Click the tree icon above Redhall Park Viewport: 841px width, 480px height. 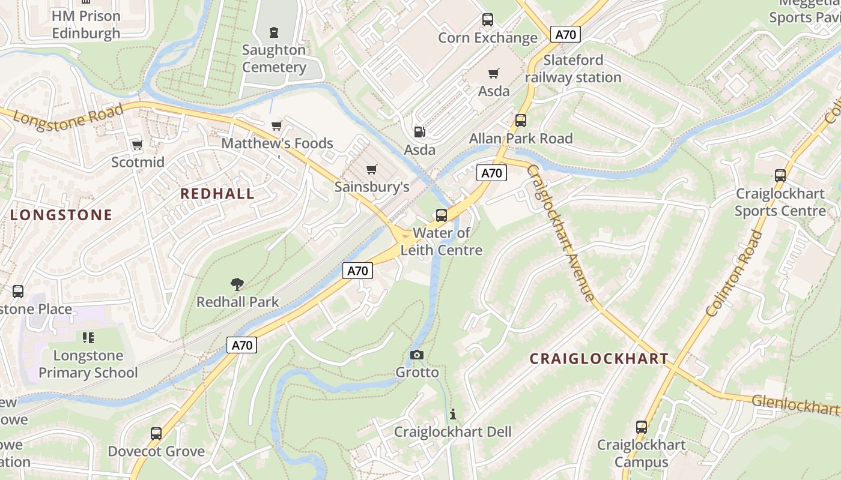[x=237, y=284]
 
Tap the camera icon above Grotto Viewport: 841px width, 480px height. [x=417, y=355]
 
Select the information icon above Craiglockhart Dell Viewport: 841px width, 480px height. [x=452, y=414]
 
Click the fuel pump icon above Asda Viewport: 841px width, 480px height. [x=419, y=131]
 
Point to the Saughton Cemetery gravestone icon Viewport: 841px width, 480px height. [x=274, y=32]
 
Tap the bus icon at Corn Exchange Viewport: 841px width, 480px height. [x=488, y=20]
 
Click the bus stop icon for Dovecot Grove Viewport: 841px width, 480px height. [x=156, y=433]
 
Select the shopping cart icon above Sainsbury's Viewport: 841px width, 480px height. [x=372, y=169]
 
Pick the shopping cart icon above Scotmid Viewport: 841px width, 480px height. [x=138, y=145]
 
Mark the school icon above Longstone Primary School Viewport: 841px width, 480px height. [x=88, y=338]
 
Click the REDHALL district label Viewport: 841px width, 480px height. [x=217, y=194]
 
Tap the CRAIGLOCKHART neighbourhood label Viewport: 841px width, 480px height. [x=599, y=359]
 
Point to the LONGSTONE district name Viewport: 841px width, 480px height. [x=61, y=215]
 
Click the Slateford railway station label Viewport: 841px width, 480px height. [x=573, y=69]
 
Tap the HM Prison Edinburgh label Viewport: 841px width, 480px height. [x=86, y=25]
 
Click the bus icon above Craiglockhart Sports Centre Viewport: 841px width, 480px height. [x=780, y=176]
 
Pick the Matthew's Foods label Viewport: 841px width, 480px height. [x=277, y=143]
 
